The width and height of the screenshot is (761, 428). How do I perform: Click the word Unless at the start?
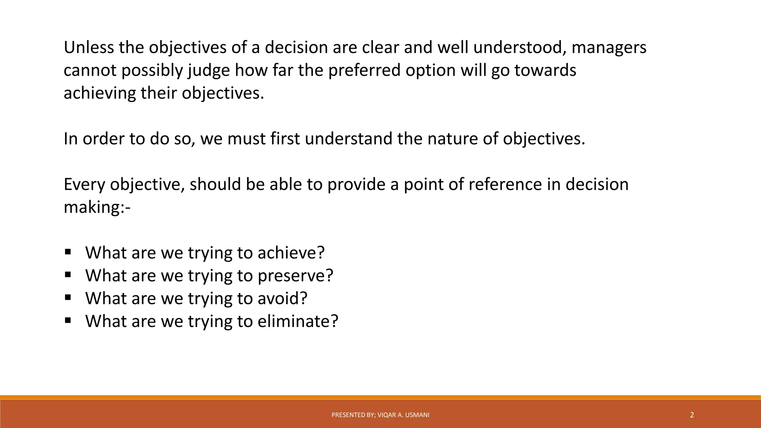pos(88,48)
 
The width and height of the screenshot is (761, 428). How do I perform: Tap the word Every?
pos(84,185)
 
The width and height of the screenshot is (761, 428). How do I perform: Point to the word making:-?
pos(97,207)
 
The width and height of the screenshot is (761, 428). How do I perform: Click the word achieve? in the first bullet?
pos(291,253)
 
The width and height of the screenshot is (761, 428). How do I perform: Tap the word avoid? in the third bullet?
pos(282,298)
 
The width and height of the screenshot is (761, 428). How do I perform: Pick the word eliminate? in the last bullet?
pos(298,321)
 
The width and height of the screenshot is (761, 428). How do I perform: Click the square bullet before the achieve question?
pos(68,252)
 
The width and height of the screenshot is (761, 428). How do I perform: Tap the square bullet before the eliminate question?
pos(68,320)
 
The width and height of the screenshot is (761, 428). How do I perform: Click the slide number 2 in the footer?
pos(692,415)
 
